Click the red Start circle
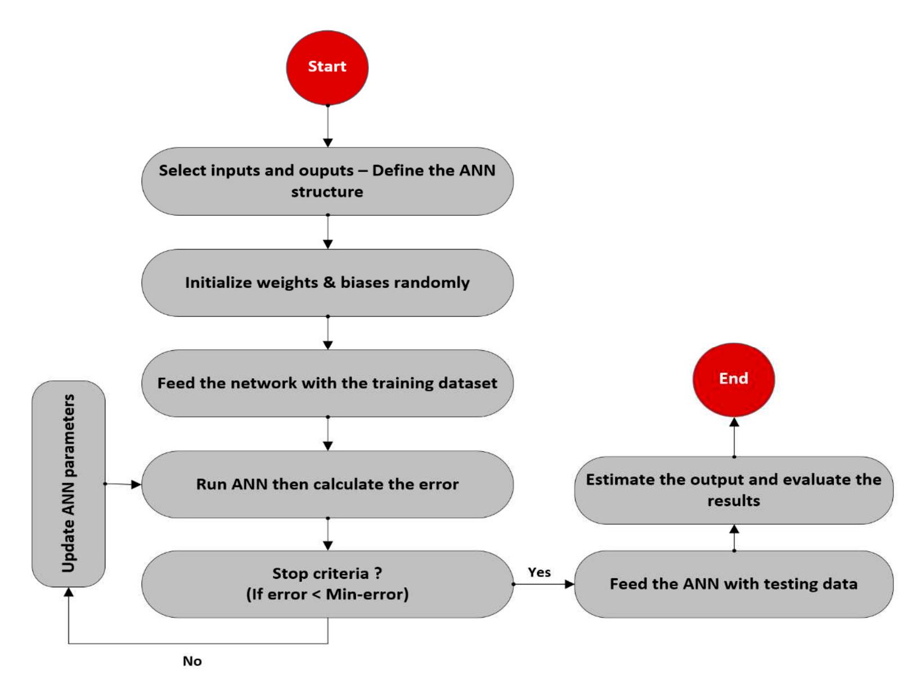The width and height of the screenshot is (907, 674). click(327, 68)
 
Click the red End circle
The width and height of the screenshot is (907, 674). click(733, 380)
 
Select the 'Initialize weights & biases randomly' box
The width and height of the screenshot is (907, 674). click(327, 283)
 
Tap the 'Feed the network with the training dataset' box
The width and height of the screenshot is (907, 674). click(327, 383)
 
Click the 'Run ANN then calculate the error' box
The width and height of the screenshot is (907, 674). click(327, 484)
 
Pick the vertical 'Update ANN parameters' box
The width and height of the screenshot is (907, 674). click(68, 484)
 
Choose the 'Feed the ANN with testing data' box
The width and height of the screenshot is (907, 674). click(733, 584)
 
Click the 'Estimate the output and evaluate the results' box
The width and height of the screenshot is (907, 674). click(733, 490)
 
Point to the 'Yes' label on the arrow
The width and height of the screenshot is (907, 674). click(539, 572)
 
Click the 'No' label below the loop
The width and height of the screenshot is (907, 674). click(192, 661)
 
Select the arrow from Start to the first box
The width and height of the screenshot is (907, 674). click(327, 126)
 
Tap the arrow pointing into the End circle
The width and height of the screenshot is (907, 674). click(734, 436)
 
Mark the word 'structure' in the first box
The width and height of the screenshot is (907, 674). click(327, 192)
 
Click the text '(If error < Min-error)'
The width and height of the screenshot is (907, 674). click(327, 595)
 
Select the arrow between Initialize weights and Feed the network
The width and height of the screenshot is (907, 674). click(327, 333)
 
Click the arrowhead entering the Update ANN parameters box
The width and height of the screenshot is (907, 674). click(69, 593)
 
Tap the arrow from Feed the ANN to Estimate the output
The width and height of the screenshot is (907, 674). click(734, 537)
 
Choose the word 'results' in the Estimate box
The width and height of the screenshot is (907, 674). click(733, 501)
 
